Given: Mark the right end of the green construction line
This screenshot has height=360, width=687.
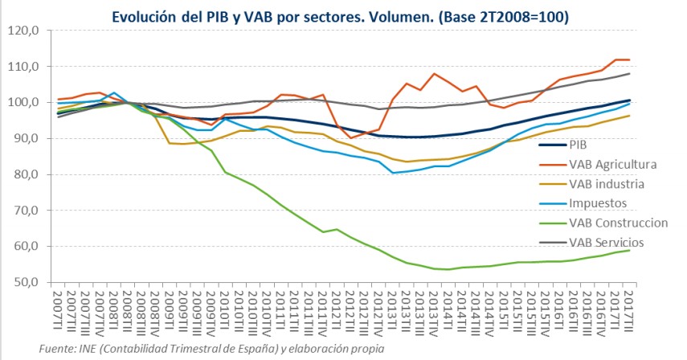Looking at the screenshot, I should click(x=628, y=250).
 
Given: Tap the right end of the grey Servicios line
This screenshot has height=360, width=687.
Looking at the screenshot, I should click(x=628, y=74).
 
